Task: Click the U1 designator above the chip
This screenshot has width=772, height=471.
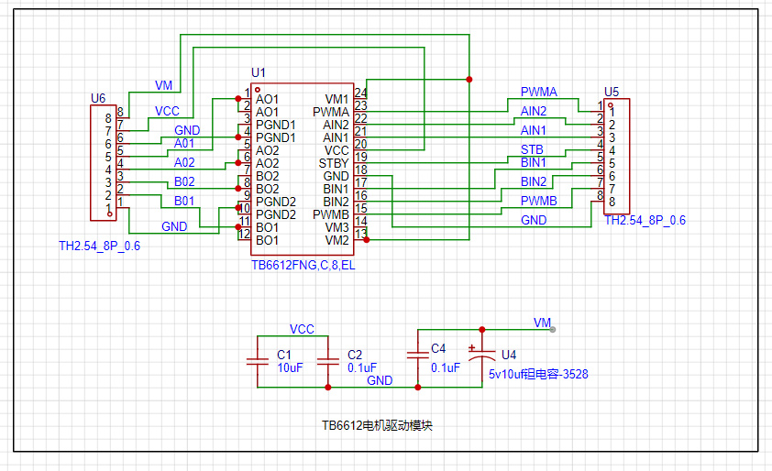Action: coord(258,72)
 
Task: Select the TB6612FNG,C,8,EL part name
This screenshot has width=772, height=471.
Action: coord(303,265)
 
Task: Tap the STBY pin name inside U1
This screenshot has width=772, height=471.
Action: coord(334,163)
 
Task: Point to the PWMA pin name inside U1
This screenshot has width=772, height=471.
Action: coord(331,112)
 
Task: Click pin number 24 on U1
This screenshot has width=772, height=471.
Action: coord(360,93)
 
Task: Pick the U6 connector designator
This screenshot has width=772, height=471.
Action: coord(98,98)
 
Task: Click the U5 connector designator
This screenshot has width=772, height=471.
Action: coord(612,92)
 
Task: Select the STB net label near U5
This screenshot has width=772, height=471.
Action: coord(532,149)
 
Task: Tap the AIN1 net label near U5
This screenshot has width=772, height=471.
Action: coord(534,130)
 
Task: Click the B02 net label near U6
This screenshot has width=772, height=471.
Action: coord(184,181)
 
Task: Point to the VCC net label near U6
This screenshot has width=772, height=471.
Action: coord(167,111)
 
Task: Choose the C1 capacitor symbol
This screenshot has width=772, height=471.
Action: coord(258,362)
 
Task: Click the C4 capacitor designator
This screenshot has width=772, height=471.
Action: coord(438,349)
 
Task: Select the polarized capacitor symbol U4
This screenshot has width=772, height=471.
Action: coord(482,356)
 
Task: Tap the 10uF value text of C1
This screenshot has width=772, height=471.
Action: coord(290,367)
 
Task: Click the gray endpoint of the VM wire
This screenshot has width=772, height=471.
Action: coord(553,330)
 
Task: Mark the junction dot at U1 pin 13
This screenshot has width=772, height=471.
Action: coord(367,240)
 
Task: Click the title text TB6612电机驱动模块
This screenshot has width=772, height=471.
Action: coord(377,426)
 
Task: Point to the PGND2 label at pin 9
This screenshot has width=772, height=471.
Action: coord(276,202)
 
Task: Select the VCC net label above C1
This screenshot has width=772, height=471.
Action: coord(302,329)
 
